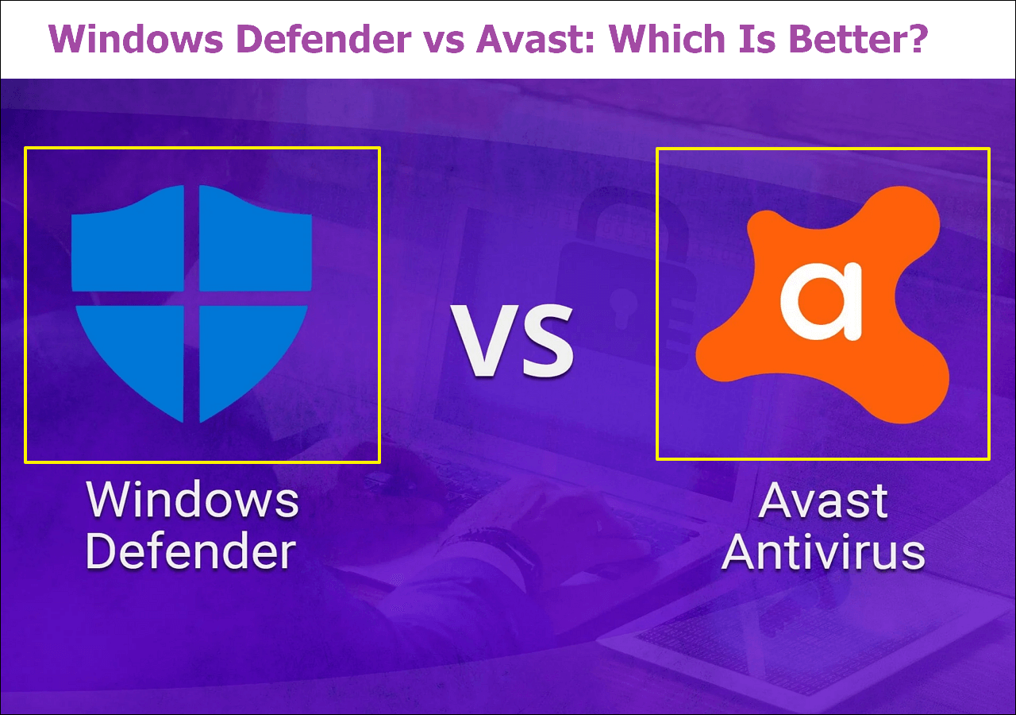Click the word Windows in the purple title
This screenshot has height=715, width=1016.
pyautogui.click(x=136, y=39)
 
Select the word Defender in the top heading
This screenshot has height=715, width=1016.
pyautogui.click(x=324, y=39)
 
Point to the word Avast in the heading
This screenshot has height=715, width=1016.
pyautogui.click(x=535, y=39)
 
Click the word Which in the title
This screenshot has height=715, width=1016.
pyautogui.click(x=668, y=39)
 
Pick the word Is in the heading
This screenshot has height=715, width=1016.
pyautogui.click(x=757, y=39)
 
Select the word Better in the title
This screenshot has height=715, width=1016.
pyautogui.click(x=847, y=39)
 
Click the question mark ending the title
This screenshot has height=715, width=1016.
pyautogui.click(x=917, y=39)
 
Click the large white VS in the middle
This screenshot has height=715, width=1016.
pyautogui.click(x=512, y=341)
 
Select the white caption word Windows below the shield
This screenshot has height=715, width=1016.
pyautogui.click(x=192, y=500)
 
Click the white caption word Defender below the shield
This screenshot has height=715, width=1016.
pyautogui.click(x=190, y=551)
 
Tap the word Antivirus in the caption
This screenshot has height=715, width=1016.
pyautogui.click(x=823, y=551)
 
